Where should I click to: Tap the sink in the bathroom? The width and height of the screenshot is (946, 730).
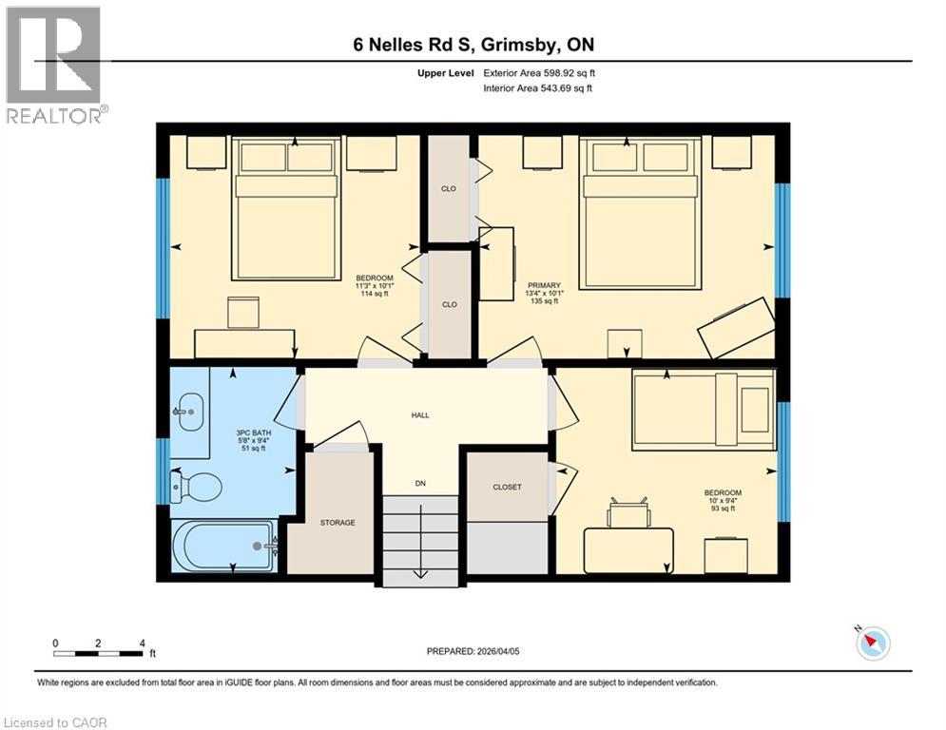pos(190,412)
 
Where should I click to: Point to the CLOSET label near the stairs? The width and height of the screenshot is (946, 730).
pos(507,487)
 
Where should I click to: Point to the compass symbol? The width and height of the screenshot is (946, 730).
pos(871,644)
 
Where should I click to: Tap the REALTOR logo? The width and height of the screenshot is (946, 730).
pos(53,64)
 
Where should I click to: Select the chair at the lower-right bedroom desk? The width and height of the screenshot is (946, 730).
pos(628,513)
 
